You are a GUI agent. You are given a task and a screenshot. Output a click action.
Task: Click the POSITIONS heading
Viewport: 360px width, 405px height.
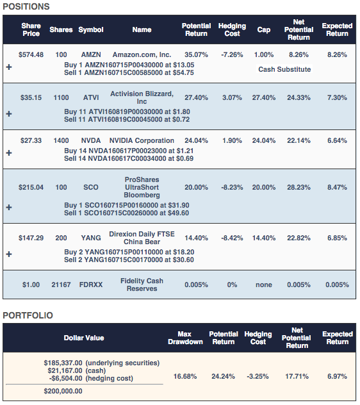tap(26, 6)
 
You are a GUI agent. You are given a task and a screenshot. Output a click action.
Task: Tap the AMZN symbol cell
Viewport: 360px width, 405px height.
tap(91, 54)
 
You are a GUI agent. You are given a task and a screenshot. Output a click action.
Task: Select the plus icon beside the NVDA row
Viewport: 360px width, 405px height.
tap(9, 153)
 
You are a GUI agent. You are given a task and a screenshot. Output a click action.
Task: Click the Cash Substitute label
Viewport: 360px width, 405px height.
tap(284, 69)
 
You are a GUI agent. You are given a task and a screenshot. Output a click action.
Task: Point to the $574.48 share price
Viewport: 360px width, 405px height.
tap(31, 54)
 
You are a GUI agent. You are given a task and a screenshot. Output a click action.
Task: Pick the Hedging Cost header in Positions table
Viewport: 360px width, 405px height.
tap(232, 29)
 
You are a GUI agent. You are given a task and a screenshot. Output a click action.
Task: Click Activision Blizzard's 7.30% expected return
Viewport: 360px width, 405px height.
tap(337, 97)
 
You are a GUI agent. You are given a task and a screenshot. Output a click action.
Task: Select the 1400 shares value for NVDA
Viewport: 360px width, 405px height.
tap(61, 140)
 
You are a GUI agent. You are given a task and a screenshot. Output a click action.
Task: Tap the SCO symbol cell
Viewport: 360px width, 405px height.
tap(91, 187)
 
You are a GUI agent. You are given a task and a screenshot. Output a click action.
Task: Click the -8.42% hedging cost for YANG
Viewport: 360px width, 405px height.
tap(232, 238)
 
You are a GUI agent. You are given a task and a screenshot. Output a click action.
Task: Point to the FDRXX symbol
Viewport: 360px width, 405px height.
tap(91, 285)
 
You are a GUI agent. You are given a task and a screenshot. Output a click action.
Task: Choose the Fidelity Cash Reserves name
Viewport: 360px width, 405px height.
tap(142, 285)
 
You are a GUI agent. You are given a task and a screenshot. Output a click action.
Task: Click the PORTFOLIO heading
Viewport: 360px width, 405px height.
tap(28, 315)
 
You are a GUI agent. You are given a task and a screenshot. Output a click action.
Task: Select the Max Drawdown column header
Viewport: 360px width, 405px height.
tap(185, 338)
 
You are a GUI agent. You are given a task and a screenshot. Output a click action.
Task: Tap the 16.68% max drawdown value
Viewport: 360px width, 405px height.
tap(185, 376)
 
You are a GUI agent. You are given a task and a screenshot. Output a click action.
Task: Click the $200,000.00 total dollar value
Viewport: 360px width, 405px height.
tap(63, 391)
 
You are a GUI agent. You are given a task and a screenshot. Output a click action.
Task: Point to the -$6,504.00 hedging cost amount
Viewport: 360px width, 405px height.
tap(65, 378)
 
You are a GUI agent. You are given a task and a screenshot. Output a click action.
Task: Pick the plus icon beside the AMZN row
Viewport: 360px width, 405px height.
tap(9, 67)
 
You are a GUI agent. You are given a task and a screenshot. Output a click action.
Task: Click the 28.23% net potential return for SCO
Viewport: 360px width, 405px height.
tap(299, 187)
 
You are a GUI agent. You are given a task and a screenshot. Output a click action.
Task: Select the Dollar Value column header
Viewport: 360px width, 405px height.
tap(84, 338)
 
